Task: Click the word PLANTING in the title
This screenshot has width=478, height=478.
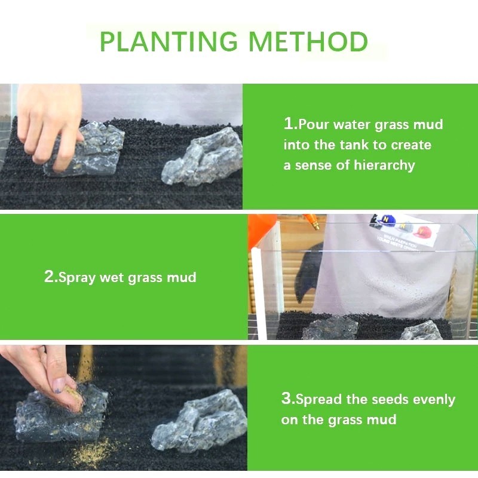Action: click(x=168, y=42)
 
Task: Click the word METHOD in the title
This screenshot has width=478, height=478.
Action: click(x=308, y=42)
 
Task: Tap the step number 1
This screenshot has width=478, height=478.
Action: click(x=288, y=124)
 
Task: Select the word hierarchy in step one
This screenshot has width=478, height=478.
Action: click(x=384, y=166)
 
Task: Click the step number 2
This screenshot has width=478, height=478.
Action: click(x=49, y=277)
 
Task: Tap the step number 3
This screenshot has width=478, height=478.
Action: click(x=286, y=399)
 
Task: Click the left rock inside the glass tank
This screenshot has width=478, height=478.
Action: click(x=330, y=328)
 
